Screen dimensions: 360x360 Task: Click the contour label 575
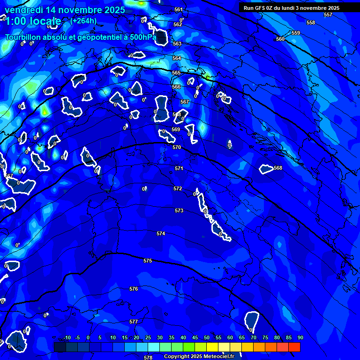[148, 261]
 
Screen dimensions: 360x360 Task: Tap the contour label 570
[177, 147]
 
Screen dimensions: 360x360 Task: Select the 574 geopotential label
[161, 233]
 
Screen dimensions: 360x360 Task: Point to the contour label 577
[134, 322]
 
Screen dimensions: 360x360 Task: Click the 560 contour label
[280, 39]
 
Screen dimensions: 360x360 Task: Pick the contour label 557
[328, 15]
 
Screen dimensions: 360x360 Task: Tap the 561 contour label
[178, 10]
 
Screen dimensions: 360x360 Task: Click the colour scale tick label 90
[300, 337]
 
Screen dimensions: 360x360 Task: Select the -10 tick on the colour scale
[67, 337]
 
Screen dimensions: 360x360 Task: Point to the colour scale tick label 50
[207, 337]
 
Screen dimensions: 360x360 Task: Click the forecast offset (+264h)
[83, 21]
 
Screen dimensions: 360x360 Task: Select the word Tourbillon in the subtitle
[23, 37]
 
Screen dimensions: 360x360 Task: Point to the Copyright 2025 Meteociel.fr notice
[202, 357]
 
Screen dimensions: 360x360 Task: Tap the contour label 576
[134, 289]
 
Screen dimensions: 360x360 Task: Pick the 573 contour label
[179, 211]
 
